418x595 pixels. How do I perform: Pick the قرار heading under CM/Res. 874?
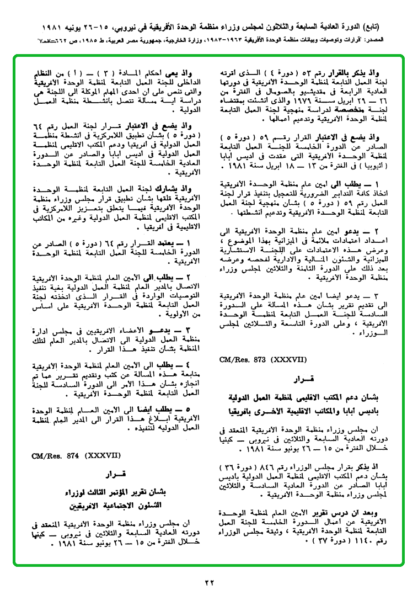pyautogui.click(x=117, y=474)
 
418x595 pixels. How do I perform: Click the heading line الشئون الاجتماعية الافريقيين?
pyautogui.click(x=117, y=504)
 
